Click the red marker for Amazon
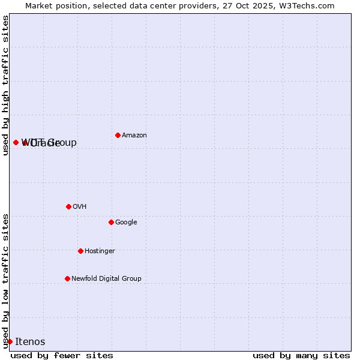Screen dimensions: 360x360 (x=118, y=135)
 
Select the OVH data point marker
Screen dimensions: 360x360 (x=68, y=206)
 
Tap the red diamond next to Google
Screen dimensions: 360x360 (x=111, y=222)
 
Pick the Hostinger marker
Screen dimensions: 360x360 (x=80, y=251)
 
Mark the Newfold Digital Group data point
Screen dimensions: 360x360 (x=67, y=278)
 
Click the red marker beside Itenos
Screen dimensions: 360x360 (x=10, y=341)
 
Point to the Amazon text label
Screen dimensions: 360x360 (x=134, y=136)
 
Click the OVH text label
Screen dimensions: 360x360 (x=79, y=207)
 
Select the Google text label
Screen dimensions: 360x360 (x=126, y=223)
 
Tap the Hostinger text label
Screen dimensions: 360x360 (x=100, y=251)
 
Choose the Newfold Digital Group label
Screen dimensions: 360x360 (x=106, y=279)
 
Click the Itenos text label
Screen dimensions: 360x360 (x=30, y=342)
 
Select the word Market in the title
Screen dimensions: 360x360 (x=39, y=6)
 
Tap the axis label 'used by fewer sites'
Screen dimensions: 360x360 (x=62, y=356)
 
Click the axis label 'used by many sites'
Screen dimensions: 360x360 (x=301, y=356)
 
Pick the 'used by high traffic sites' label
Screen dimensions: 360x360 (x=6, y=85)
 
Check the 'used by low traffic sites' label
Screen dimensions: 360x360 (x=6, y=281)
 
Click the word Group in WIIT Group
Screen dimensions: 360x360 (x=64, y=142)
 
